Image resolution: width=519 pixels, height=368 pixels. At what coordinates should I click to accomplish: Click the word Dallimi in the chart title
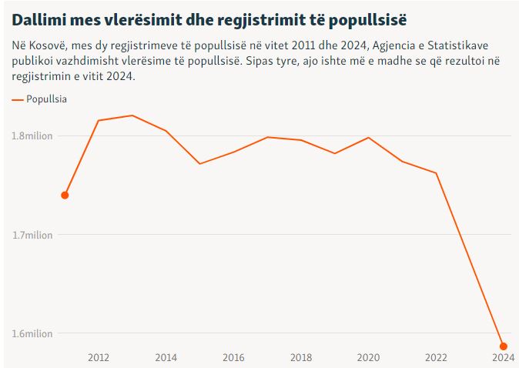point(39,18)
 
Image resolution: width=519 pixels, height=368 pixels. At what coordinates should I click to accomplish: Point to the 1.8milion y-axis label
point(32,136)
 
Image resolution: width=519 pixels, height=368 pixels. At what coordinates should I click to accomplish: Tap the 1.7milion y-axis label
point(32,235)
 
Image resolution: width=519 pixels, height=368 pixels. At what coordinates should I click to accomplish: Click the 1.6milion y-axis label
point(32,333)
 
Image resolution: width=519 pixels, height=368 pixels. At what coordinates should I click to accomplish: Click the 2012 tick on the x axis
point(99,357)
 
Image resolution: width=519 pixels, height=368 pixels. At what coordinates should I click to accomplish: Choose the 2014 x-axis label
point(166,357)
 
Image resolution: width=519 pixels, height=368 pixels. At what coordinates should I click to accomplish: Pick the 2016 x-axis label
point(233,357)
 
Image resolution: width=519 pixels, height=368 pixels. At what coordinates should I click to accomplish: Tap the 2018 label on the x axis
point(301,357)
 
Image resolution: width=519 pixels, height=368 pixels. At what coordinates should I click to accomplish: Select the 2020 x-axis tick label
point(369,357)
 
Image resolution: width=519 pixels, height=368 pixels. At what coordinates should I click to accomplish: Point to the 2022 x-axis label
point(436,357)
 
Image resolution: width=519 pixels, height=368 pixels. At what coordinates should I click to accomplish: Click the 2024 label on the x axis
point(503,357)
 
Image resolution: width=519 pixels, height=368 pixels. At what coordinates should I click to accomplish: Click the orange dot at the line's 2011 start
point(65,195)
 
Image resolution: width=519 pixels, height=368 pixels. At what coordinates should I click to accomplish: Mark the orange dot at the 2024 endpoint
point(504,346)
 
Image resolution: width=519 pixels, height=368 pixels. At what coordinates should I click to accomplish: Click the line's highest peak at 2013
point(132,115)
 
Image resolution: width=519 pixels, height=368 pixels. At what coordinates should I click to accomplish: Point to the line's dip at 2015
point(199,163)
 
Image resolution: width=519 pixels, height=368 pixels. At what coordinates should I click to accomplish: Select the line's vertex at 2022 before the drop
point(436,173)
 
